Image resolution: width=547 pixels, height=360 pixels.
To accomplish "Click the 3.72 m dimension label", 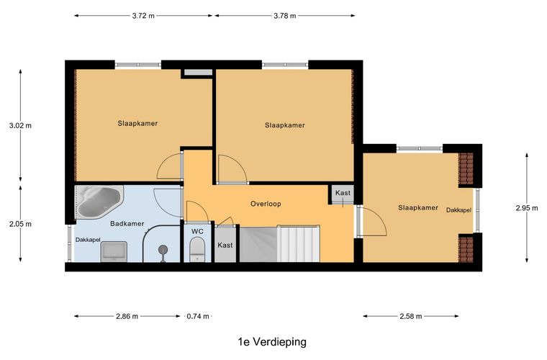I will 143,16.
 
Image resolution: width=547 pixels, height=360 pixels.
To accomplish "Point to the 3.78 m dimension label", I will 285,16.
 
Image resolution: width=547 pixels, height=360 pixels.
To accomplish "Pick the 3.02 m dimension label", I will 20,125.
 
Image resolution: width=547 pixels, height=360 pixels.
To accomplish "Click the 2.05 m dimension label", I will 20,224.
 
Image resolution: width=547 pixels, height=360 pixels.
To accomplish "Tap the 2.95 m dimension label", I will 526,208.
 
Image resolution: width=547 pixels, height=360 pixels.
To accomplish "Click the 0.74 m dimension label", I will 197,316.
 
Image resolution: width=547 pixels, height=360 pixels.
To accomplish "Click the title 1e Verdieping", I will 271,342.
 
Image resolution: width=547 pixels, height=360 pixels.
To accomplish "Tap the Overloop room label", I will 266,204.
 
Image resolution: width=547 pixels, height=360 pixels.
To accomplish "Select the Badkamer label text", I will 127,224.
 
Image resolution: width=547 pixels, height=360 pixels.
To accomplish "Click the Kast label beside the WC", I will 225,245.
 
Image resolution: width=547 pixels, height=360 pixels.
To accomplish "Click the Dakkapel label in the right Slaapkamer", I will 458,210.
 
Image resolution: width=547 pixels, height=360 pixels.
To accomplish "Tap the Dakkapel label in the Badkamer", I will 88,240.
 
